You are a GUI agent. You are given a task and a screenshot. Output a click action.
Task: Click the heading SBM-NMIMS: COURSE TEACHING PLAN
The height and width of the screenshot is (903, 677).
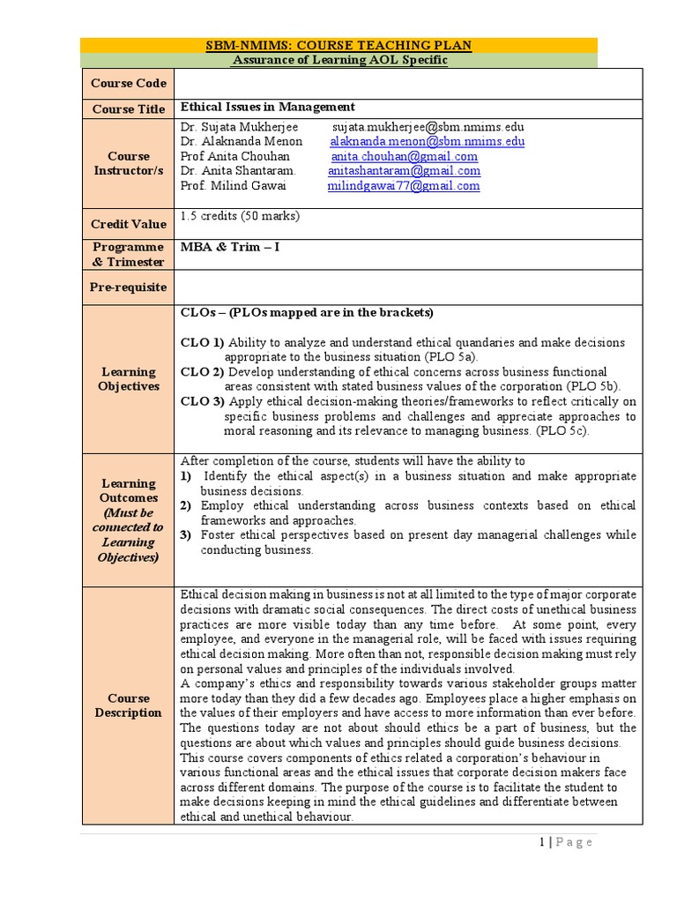338,45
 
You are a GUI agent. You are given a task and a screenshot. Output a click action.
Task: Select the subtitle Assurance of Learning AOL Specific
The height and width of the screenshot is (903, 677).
338,60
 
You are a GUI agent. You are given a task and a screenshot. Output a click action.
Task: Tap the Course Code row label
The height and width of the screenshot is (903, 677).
129,84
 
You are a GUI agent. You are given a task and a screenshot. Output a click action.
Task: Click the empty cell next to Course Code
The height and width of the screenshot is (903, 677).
407,83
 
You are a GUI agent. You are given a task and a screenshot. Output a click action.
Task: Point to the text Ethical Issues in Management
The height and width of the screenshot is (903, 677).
267,107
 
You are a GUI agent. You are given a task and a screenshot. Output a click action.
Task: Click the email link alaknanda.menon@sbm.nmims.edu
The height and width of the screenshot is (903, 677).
428,141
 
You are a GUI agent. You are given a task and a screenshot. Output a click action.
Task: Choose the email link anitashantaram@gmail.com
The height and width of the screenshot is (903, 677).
404,171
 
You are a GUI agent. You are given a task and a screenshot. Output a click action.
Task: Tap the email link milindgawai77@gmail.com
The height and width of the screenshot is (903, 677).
404,186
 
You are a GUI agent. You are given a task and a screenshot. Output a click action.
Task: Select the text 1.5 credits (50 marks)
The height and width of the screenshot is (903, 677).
240,216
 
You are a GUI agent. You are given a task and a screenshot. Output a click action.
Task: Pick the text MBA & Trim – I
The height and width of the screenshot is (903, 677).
229,247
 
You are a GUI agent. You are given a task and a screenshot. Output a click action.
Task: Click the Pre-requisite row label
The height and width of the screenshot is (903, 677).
129,287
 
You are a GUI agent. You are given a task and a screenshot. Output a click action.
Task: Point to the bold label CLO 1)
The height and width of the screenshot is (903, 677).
202,342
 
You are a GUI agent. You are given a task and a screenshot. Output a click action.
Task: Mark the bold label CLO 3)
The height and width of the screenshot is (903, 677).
202,401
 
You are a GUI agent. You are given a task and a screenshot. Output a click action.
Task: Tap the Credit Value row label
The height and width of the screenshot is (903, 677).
129,224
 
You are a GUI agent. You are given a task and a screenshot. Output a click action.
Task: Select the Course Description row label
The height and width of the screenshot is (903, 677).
129,705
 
